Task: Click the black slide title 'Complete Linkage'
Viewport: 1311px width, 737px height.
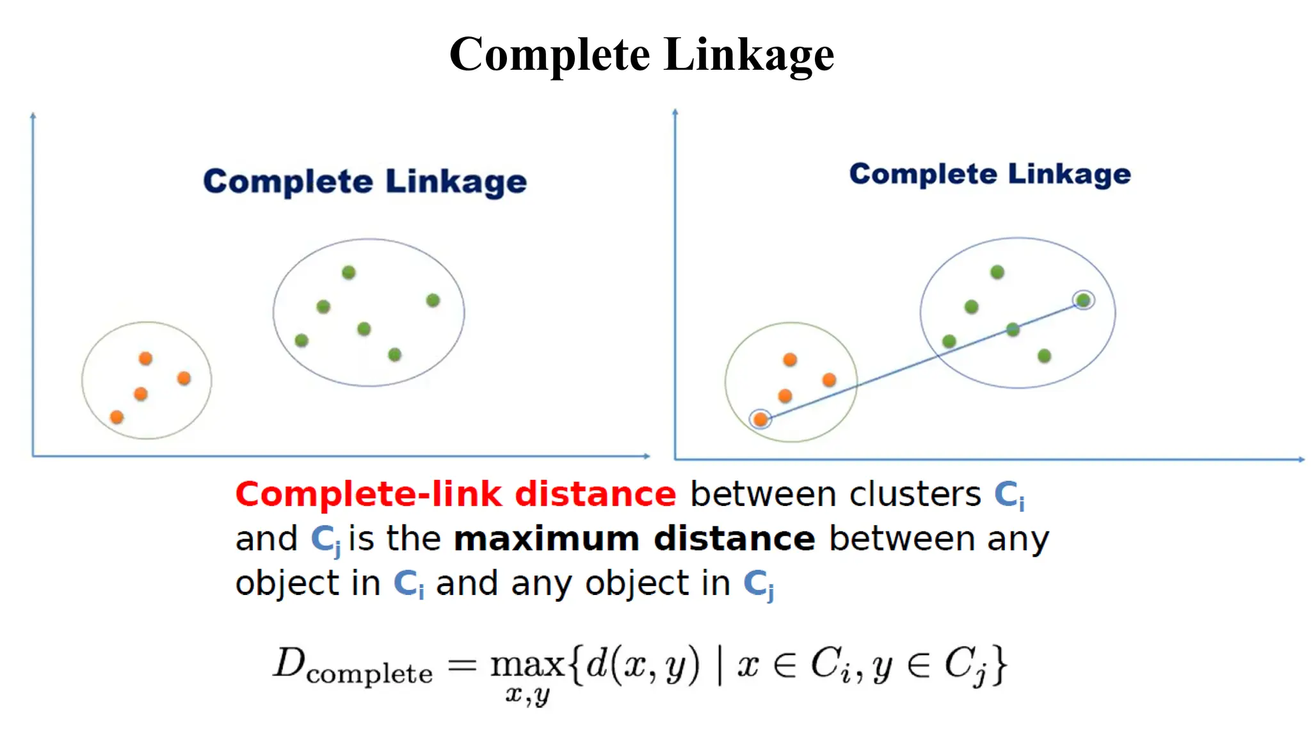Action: pyautogui.click(x=641, y=54)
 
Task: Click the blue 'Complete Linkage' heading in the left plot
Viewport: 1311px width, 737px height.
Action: pyautogui.click(x=365, y=182)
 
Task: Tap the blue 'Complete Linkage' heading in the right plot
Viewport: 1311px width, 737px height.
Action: pyautogui.click(x=990, y=174)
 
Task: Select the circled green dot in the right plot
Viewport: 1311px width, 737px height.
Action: pyautogui.click(x=1083, y=300)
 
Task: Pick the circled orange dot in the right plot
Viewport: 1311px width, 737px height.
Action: pyautogui.click(x=760, y=420)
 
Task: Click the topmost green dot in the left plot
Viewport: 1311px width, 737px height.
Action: pyautogui.click(x=349, y=273)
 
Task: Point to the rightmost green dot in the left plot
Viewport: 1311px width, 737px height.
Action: pyautogui.click(x=433, y=300)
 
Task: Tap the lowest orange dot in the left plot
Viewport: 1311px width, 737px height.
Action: pyautogui.click(x=117, y=417)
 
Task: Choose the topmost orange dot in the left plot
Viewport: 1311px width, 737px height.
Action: pyautogui.click(x=146, y=358)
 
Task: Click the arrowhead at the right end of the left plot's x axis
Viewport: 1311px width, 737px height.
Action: pyautogui.click(x=647, y=456)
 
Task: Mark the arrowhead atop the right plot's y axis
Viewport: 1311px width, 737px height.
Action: pyautogui.click(x=675, y=113)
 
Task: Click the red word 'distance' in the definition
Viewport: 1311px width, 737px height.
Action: pyautogui.click(x=595, y=495)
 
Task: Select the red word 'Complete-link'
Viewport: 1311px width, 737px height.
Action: pyautogui.click(x=368, y=495)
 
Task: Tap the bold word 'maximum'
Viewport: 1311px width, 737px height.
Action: pyautogui.click(x=546, y=539)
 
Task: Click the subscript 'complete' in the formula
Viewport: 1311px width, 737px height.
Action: pyautogui.click(x=369, y=674)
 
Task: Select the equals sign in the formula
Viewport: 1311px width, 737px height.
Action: pyautogui.click(x=462, y=665)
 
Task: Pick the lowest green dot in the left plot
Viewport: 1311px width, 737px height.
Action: pyautogui.click(x=395, y=354)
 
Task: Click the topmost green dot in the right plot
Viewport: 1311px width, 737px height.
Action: pyautogui.click(x=997, y=273)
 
